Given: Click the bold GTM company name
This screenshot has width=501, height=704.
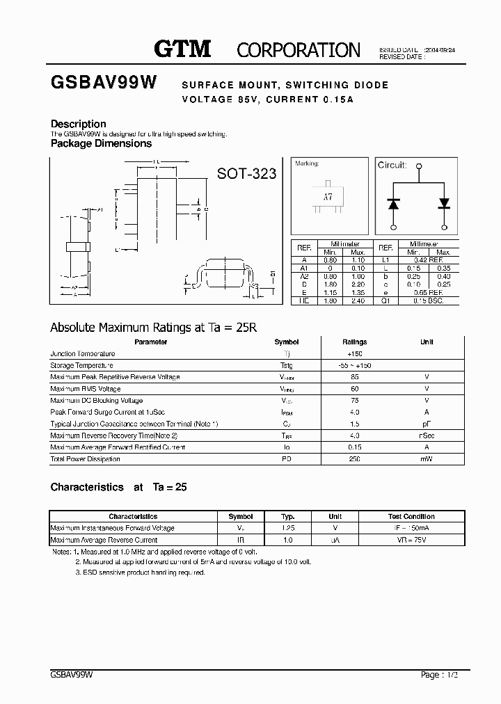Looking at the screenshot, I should pos(182,49).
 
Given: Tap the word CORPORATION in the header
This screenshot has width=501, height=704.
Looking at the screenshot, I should pos(299,50).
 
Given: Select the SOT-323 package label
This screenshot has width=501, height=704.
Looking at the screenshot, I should pos(246,173).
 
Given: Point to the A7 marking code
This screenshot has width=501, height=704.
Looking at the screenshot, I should pos(328,197).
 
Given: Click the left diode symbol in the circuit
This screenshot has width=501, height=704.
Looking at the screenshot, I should pos(393,204).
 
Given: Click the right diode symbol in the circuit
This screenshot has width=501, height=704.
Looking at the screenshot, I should pos(444,204).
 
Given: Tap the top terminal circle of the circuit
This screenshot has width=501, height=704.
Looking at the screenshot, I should pos(419,166).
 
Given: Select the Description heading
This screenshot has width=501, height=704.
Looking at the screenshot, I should pos(79,124).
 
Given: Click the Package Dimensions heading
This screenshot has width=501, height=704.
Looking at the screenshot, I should pos(101,143).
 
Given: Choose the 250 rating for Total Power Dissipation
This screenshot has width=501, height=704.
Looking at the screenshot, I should pos(354,459).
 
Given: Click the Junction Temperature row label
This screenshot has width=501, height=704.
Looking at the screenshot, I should pos(83,354).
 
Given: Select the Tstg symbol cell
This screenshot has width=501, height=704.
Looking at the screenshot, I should pos(286,366).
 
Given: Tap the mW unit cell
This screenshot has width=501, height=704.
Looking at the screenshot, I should pos(427,459).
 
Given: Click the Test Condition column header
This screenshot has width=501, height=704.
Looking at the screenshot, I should pos(411,517).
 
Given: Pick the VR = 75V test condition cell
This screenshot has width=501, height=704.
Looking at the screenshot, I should pos(411,540).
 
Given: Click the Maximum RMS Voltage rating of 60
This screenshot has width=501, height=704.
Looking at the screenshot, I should pos(354,389).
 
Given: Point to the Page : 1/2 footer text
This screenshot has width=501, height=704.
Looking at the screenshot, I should pos(440,675).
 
